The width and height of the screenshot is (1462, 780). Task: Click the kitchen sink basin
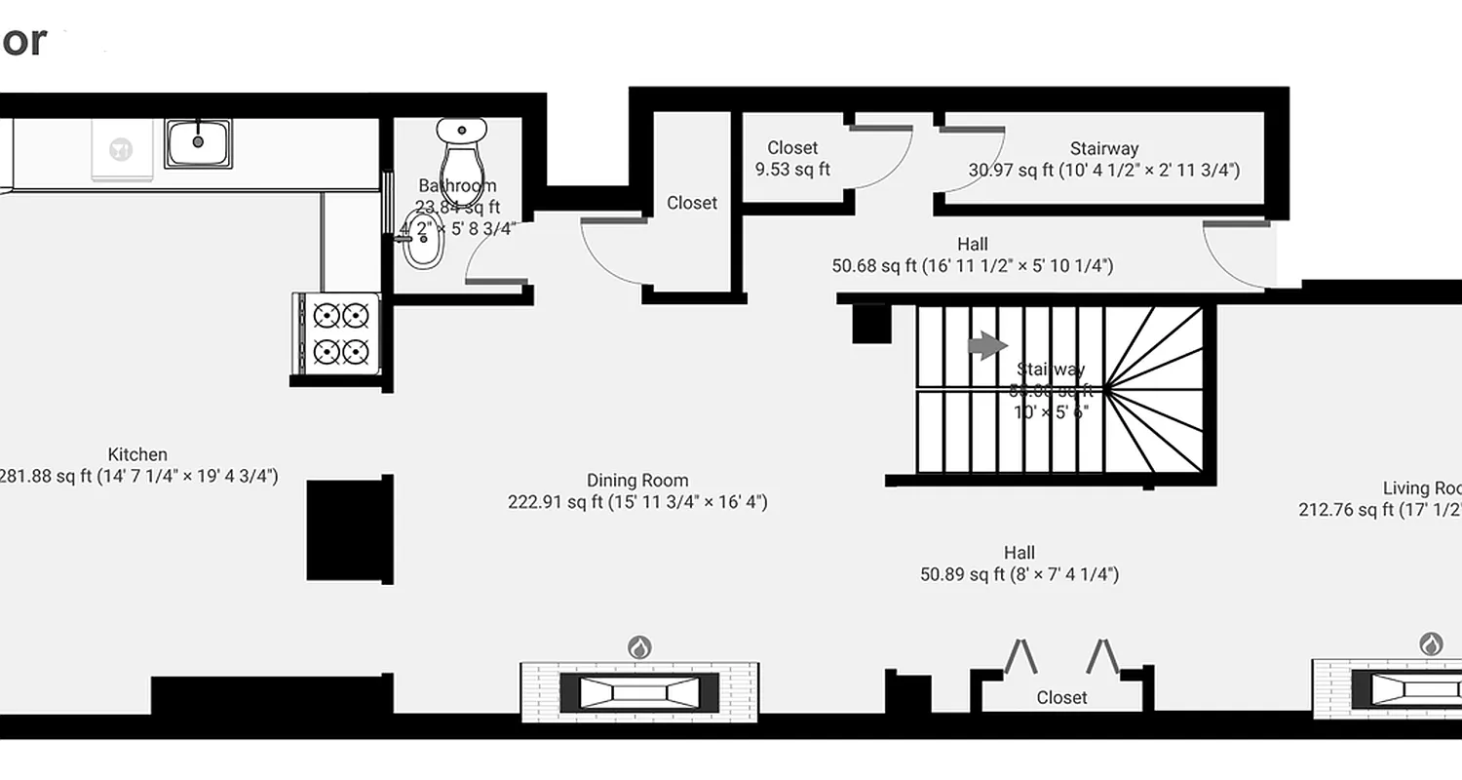pyautogui.click(x=198, y=142)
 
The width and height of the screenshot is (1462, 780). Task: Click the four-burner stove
pyautogui.click(x=340, y=332)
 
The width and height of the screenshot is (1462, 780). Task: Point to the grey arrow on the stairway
pyautogui.click(x=987, y=345)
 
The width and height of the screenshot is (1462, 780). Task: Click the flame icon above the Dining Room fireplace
pyautogui.click(x=638, y=646)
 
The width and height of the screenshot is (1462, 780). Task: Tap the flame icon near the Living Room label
pyautogui.click(x=1430, y=643)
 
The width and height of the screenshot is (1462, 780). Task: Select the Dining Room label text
pyautogui.click(x=638, y=481)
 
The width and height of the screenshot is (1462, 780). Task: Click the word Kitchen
pyautogui.click(x=137, y=454)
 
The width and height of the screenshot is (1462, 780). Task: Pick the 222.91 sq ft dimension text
pyautogui.click(x=638, y=503)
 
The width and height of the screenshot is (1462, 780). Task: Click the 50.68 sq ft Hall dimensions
pyautogui.click(x=972, y=265)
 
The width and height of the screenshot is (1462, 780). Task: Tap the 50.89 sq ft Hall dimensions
pyautogui.click(x=1020, y=575)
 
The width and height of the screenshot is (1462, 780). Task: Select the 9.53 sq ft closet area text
pyautogui.click(x=792, y=170)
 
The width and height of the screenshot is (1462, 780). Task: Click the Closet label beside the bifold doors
pyautogui.click(x=1061, y=698)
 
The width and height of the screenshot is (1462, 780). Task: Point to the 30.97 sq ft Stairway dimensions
pyautogui.click(x=1104, y=171)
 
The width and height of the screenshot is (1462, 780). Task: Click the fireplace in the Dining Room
pyautogui.click(x=639, y=692)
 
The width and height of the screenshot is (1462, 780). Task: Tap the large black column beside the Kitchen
pyautogui.click(x=349, y=529)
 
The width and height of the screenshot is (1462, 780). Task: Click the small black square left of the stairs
pyautogui.click(x=869, y=324)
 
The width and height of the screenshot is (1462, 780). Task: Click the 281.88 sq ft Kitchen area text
pyautogui.click(x=137, y=477)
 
